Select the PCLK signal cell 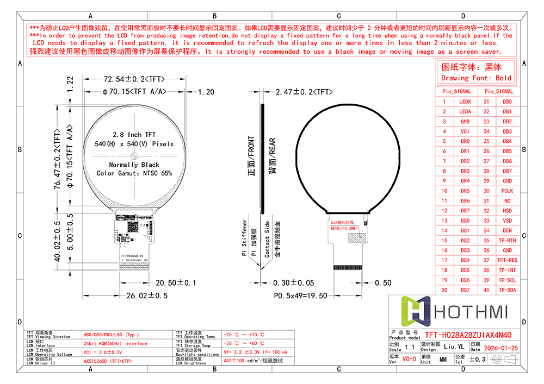click(507, 191)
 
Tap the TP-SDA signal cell click(507, 290)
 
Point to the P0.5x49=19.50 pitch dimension click(300, 295)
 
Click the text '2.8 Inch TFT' click(134, 134)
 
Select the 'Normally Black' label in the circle click(134, 164)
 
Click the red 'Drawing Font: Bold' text click(476, 78)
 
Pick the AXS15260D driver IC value click(107, 360)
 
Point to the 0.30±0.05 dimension click(294, 283)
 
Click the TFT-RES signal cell click(507, 260)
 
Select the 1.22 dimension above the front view click(70, 85)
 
